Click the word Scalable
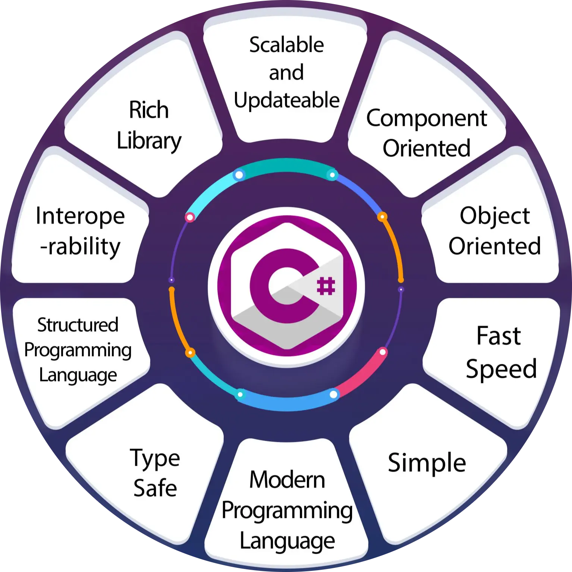286,45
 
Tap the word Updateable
287,101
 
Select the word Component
427,119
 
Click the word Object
494,216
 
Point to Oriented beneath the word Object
494,246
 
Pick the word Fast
499,336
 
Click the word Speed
501,369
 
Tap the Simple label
427,463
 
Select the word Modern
287,480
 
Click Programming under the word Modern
287,511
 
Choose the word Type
155,459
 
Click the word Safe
155,488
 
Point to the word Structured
78,325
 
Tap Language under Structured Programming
78,375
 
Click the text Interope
80,216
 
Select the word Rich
149,110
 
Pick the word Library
149,141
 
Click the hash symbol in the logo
326,286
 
